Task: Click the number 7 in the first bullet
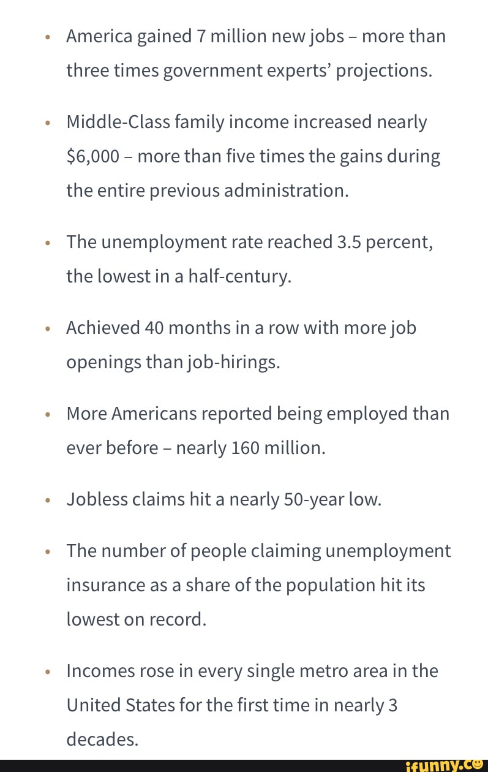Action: coord(200,37)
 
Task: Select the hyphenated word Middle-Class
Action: coord(115,123)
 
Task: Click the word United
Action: coord(96,706)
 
